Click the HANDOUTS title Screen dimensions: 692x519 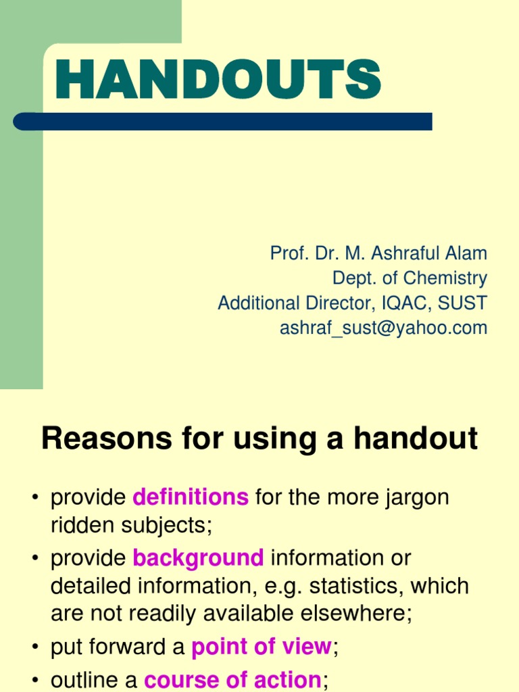[x=218, y=80]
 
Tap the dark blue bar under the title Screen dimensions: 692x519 [x=223, y=122]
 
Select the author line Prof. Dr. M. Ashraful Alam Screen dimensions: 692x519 [x=378, y=253]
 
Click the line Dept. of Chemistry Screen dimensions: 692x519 [x=410, y=278]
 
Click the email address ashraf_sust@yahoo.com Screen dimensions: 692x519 [x=383, y=328]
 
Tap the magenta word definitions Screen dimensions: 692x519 [x=191, y=498]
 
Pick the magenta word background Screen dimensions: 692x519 [x=198, y=558]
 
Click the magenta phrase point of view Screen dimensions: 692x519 [x=262, y=647]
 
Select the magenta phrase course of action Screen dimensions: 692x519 [x=232, y=678]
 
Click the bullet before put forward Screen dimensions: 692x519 [x=34, y=648]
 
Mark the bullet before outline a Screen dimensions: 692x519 [x=34, y=679]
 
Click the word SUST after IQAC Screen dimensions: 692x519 [x=466, y=303]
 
